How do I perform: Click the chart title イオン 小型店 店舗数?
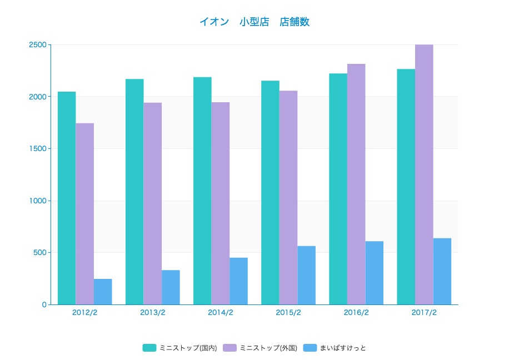(255, 22)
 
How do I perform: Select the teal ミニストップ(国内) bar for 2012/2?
(67, 198)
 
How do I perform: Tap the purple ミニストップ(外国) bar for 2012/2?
(85, 214)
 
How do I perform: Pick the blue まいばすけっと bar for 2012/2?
(103, 292)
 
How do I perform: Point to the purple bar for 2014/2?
(221, 203)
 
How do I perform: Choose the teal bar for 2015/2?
(270, 192)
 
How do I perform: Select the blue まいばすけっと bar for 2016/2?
(375, 273)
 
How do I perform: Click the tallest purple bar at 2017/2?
(424, 174)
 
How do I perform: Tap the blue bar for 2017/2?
(442, 271)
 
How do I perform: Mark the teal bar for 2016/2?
(338, 189)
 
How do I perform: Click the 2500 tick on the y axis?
(37, 44)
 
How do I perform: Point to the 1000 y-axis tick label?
(37, 201)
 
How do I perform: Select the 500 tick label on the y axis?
(39, 253)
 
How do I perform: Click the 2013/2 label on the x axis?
(153, 313)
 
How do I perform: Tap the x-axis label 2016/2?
(356, 313)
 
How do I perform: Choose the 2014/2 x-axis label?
(221, 313)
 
